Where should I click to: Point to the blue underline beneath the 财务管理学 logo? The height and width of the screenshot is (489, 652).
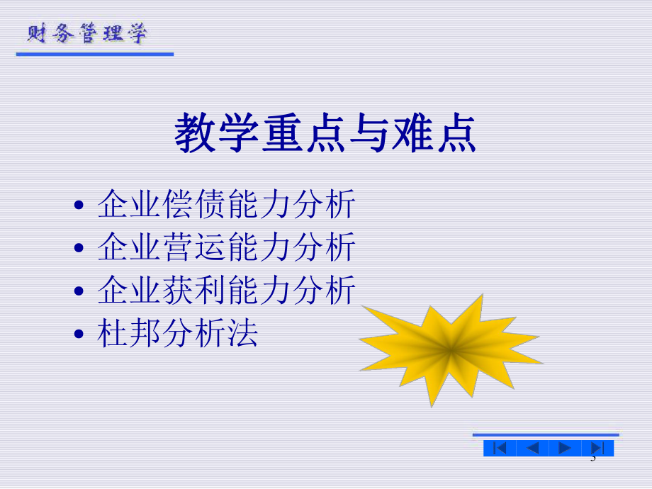coord(95,54)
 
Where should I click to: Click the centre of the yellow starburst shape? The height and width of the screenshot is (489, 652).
coord(451,349)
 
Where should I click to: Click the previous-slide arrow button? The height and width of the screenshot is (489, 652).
coord(532,448)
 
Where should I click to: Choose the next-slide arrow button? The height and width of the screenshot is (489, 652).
coord(565,448)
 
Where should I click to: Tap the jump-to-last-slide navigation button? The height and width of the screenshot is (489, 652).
coord(597,448)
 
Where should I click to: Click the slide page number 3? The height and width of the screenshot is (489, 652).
coord(593,461)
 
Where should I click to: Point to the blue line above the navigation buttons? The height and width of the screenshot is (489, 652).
coord(546,434)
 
